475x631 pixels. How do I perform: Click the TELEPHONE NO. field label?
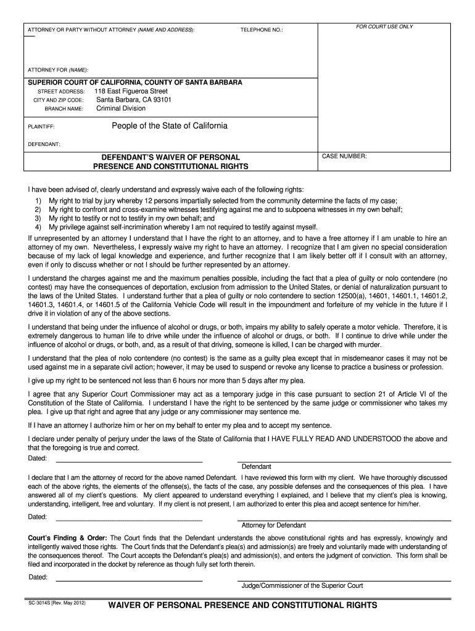(262, 30)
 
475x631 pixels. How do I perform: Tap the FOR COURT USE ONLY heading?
(385, 26)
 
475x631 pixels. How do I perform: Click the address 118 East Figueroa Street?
(131, 91)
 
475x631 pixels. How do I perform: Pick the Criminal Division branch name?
(121, 108)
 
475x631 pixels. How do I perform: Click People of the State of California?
(169, 126)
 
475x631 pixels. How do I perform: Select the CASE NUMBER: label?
(344, 157)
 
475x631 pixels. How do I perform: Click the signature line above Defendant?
(344, 462)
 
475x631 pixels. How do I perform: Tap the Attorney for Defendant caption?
(273, 525)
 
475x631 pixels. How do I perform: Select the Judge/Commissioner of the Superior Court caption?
(302, 585)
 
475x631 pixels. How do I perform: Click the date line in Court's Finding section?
(130, 580)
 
